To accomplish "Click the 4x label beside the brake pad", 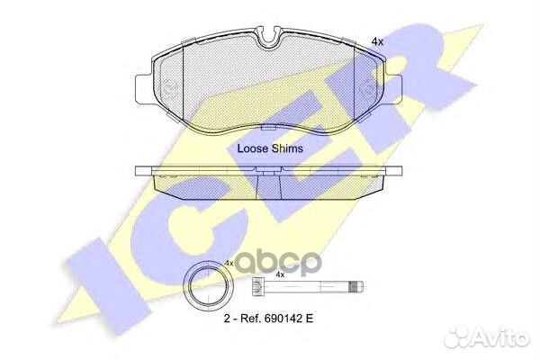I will point(377,41).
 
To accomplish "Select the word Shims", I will point(287,148).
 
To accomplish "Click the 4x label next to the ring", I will point(230,262).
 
